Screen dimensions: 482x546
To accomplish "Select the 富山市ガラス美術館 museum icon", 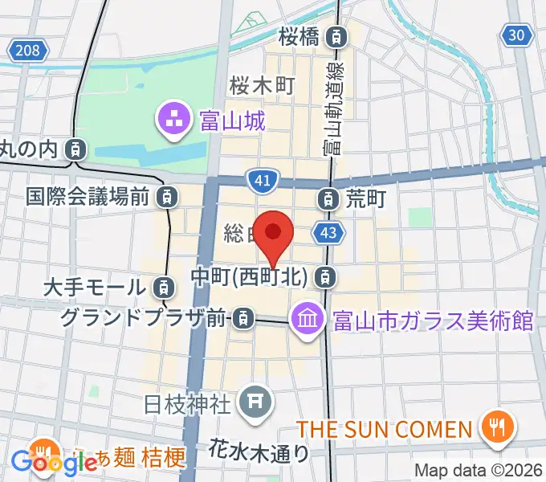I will click(x=307, y=320).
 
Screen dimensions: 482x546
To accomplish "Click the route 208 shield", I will click(x=26, y=51).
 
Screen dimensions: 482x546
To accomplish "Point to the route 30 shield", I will click(x=520, y=34).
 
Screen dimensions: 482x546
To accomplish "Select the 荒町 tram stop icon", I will click(x=328, y=197).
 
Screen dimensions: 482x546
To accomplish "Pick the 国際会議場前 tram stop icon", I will click(x=167, y=195).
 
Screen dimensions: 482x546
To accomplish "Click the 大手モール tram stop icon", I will click(x=163, y=286).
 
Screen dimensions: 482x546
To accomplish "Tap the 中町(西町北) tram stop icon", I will click(x=324, y=277).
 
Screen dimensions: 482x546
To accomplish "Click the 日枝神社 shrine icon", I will click(x=256, y=399).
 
